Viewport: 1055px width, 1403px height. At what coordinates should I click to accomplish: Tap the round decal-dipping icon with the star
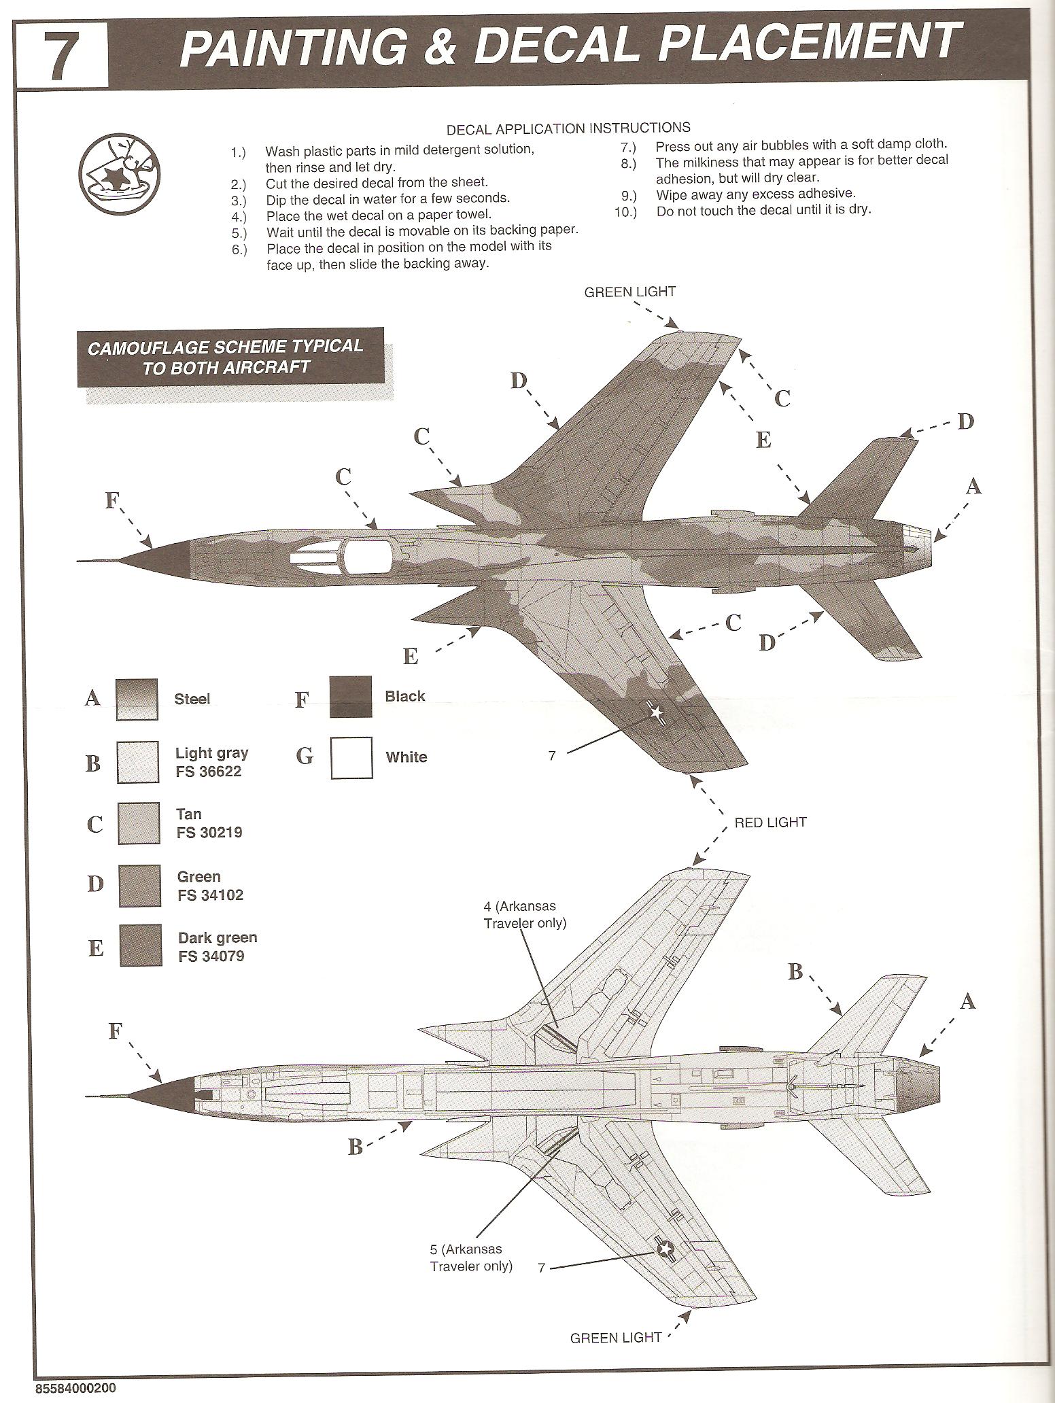pyautogui.click(x=118, y=173)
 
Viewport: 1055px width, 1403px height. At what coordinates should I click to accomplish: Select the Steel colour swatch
pyautogui.click(x=137, y=699)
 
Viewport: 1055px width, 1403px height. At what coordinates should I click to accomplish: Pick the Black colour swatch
pyautogui.click(x=351, y=697)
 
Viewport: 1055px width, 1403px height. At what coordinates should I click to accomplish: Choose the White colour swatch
pyautogui.click(x=351, y=758)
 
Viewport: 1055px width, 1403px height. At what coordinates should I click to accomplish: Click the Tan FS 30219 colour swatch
pyautogui.click(x=139, y=823)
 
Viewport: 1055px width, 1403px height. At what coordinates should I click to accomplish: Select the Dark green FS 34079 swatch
pyautogui.click(x=141, y=946)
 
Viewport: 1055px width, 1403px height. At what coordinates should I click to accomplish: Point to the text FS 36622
pyautogui.click(x=209, y=772)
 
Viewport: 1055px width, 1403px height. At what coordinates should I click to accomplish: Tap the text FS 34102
pyautogui.click(x=210, y=895)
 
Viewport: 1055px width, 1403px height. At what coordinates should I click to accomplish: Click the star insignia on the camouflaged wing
pyautogui.click(x=657, y=712)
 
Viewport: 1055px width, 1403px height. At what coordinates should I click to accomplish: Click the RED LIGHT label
pyautogui.click(x=769, y=822)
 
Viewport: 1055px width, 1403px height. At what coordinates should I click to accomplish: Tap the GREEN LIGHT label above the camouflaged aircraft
pyautogui.click(x=629, y=292)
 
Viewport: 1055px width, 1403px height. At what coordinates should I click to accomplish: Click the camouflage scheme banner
pyautogui.click(x=230, y=357)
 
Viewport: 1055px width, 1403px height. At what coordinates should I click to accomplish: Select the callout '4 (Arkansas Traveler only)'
pyautogui.click(x=524, y=914)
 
